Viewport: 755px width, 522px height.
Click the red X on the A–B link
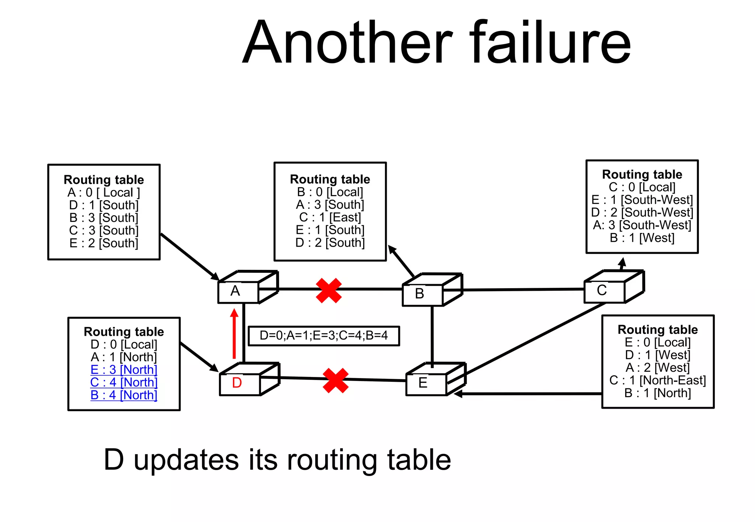click(x=328, y=290)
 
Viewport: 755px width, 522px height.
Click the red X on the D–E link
click(x=335, y=380)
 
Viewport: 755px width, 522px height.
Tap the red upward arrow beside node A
click(x=234, y=334)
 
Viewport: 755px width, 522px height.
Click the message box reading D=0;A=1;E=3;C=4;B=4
click(x=324, y=336)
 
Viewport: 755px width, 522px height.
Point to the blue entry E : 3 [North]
click(x=124, y=370)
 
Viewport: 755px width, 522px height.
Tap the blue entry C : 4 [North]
click(x=124, y=382)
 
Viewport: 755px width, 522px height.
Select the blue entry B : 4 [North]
click(x=124, y=395)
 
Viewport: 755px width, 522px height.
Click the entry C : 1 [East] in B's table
click(x=330, y=217)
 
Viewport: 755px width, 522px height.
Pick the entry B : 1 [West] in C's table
click(x=642, y=238)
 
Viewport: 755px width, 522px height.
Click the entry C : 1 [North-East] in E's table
click(x=657, y=380)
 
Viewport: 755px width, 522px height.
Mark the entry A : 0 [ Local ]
click(x=104, y=192)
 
